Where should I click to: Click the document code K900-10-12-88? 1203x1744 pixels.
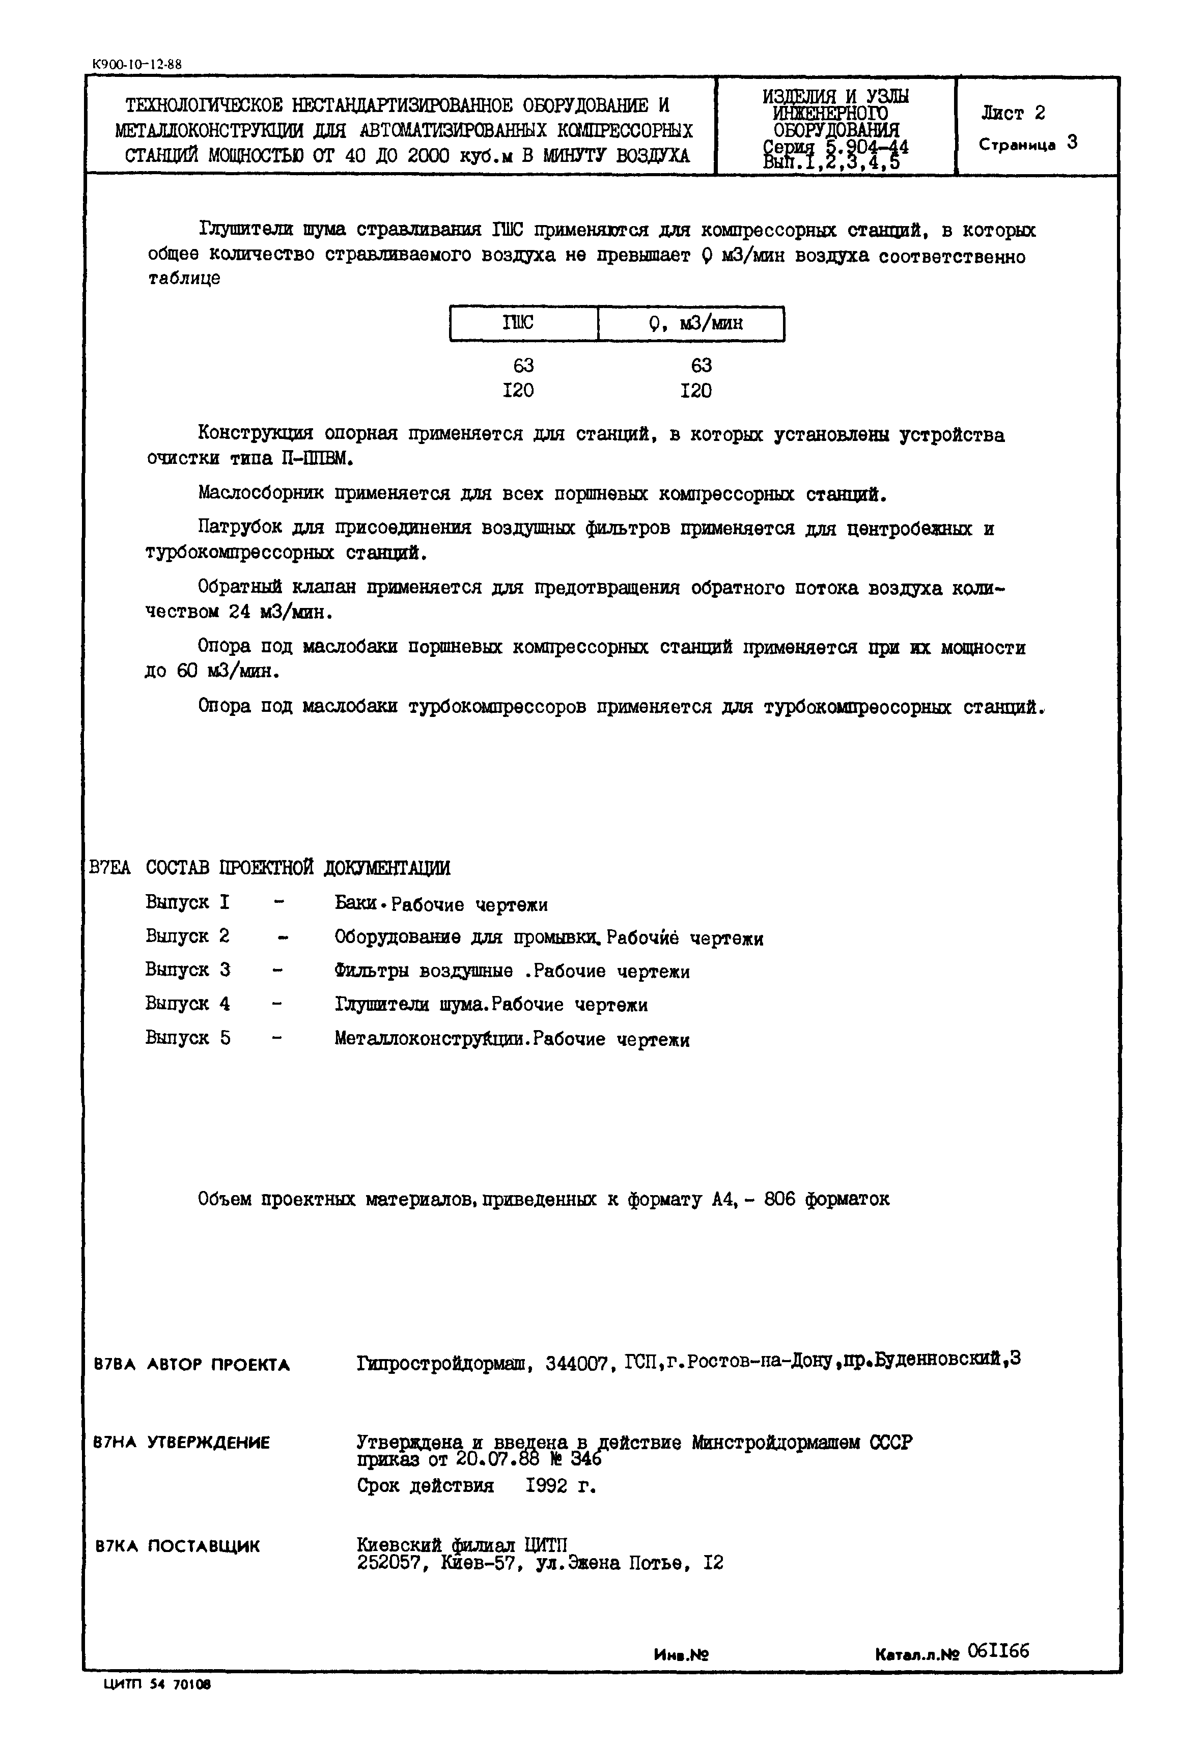(x=136, y=65)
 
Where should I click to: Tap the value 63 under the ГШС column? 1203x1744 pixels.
(x=523, y=366)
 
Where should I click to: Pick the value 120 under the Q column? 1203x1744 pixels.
(x=696, y=391)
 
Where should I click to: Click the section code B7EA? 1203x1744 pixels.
(x=109, y=868)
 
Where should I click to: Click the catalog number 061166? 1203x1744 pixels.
(x=998, y=1651)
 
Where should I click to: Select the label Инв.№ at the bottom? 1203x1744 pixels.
(x=681, y=1655)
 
